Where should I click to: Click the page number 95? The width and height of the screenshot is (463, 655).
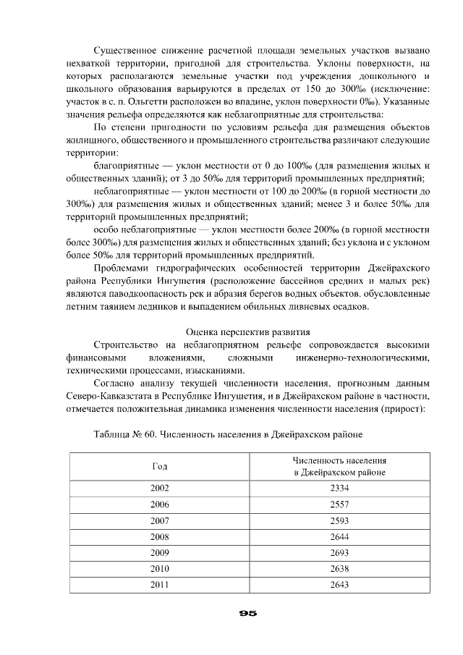pos(248,613)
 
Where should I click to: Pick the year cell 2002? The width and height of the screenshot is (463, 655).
pos(159,488)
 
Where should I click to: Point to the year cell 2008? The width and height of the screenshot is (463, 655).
pos(159,536)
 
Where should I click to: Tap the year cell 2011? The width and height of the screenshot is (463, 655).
pos(159,585)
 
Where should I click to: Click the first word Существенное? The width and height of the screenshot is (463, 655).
pos(128,51)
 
